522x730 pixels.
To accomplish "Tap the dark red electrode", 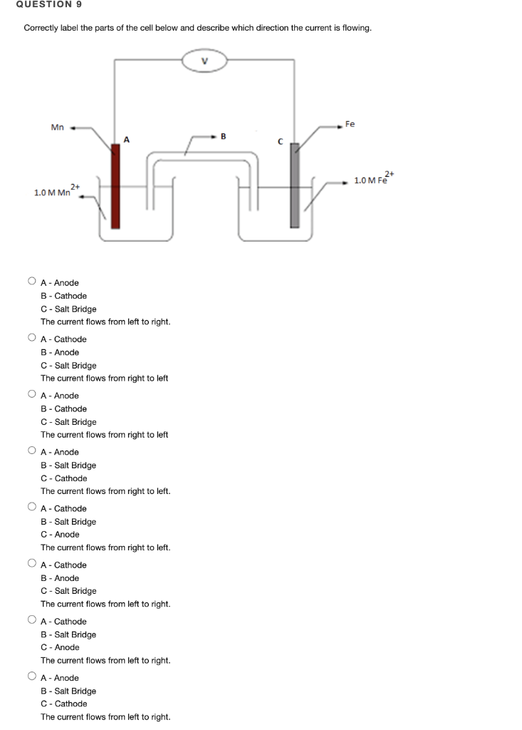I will (115, 185).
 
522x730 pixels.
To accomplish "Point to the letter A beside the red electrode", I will (127, 139).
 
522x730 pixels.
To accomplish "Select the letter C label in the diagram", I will (281, 141).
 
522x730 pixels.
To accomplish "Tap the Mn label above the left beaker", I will (58, 128).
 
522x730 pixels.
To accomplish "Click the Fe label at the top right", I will (350, 124).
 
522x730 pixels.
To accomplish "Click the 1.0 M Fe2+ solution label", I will (373, 179).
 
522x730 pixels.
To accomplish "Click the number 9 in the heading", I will (79, 4).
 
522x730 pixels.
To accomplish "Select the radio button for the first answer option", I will (32, 282).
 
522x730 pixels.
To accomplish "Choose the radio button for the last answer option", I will (32, 677).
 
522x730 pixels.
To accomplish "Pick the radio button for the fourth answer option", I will (32, 451).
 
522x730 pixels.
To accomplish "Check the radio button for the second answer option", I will (32, 338).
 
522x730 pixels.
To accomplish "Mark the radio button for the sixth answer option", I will (32, 564).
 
